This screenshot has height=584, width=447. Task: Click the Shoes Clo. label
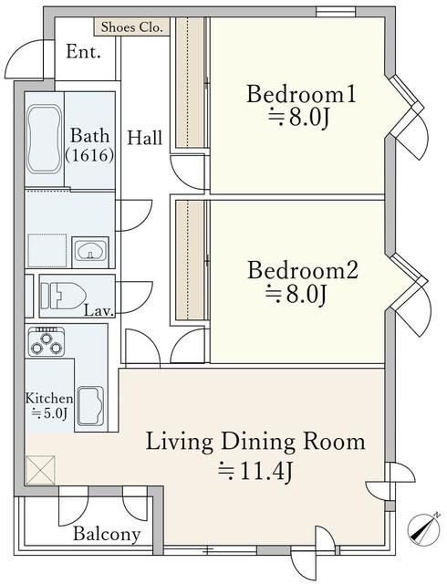132,27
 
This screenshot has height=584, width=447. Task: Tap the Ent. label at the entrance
83,52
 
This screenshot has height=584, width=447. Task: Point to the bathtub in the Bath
45,140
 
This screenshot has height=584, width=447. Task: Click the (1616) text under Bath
89,154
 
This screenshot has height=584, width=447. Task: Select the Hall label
145,138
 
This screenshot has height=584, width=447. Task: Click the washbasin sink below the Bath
90,251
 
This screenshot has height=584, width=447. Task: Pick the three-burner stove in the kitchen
47,341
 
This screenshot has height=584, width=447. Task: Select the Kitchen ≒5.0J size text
48,406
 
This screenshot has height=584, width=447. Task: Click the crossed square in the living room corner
41,470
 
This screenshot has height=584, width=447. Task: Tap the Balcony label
107,534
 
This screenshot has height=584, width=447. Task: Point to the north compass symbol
424,527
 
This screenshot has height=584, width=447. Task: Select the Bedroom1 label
301,94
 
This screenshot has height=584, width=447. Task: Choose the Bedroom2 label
303,270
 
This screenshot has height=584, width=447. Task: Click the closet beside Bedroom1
190,82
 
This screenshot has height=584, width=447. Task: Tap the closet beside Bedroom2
190,260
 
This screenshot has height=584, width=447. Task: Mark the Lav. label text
99,311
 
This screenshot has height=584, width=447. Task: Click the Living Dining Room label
255,442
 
